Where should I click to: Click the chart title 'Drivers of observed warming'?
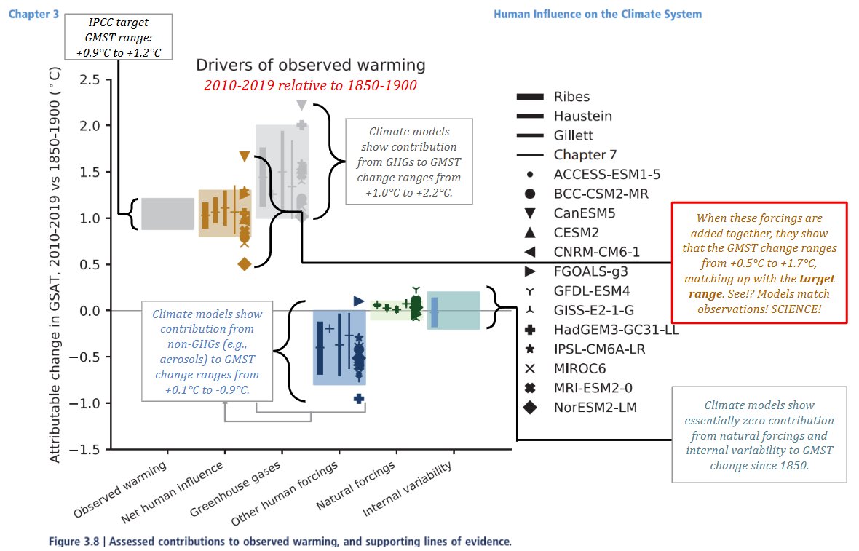pos(311,66)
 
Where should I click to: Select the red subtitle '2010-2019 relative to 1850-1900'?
pos(311,85)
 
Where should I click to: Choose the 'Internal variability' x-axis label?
pos(409,491)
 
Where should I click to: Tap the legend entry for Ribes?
pos(571,96)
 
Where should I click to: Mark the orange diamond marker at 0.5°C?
pos(244,263)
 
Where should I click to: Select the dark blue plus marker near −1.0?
pos(359,398)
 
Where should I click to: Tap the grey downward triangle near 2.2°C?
pos(301,105)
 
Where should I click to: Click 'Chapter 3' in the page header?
pos(33,14)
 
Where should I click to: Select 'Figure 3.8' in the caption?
pos(74,542)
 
